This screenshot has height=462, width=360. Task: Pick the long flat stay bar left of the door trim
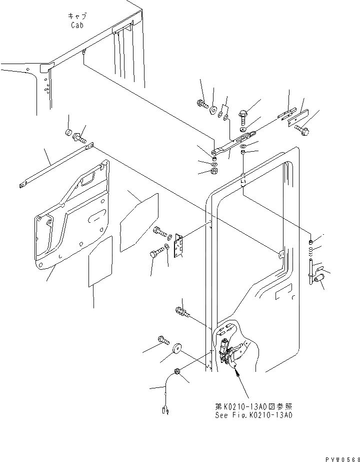click(x=55, y=166)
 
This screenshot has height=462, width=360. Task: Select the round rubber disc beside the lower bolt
click(x=176, y=349)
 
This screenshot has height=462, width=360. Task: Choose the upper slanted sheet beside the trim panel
click(x=139, y=220)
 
